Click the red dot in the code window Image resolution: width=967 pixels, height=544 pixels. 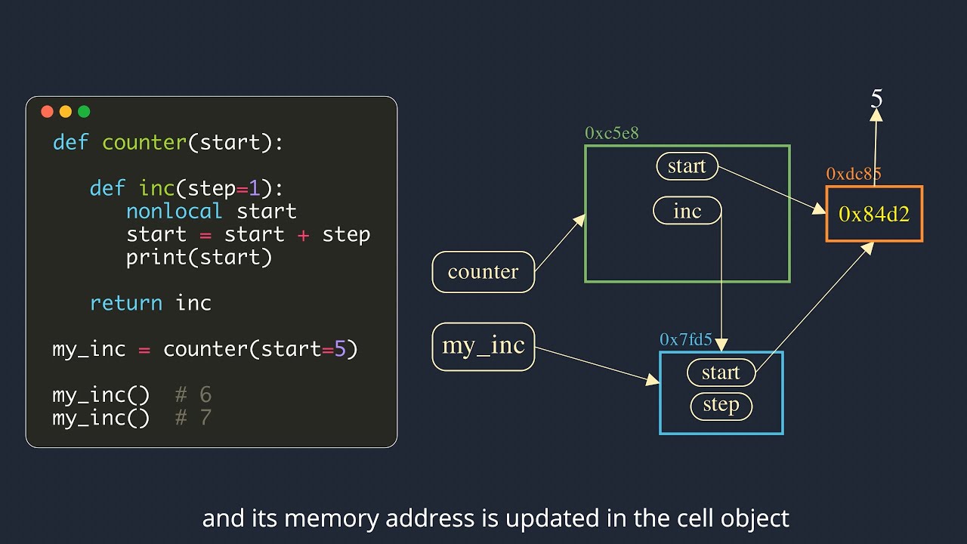click(47, 112)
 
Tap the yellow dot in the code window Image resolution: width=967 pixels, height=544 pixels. click(66, 112)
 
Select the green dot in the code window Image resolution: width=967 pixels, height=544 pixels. click(84, 112)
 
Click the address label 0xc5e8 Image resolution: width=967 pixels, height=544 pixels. click(611, 133)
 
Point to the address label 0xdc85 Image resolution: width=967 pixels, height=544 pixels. click(853, 175)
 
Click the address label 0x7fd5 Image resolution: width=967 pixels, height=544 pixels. click(685, 340)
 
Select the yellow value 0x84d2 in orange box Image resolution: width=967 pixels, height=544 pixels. click(874, 214)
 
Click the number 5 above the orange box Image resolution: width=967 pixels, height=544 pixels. click(876, 99)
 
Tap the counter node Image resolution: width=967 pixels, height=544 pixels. click(483, 272)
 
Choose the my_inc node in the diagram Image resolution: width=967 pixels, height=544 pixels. click(483, 346)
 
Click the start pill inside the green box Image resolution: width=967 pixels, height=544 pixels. click(687, 166)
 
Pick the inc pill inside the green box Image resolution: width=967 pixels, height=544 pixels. click(687, 212)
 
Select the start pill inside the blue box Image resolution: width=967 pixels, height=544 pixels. click(721, 372)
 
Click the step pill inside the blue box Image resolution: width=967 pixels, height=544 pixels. click(721, 406)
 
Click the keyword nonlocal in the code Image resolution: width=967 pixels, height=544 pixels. click(174, 212)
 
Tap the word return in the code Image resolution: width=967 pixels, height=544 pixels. click(125, 304)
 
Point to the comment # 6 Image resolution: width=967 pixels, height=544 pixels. click(193, 394)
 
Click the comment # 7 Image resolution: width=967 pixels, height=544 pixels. click(193, 418)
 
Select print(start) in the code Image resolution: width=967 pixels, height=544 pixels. click(199, 258)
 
